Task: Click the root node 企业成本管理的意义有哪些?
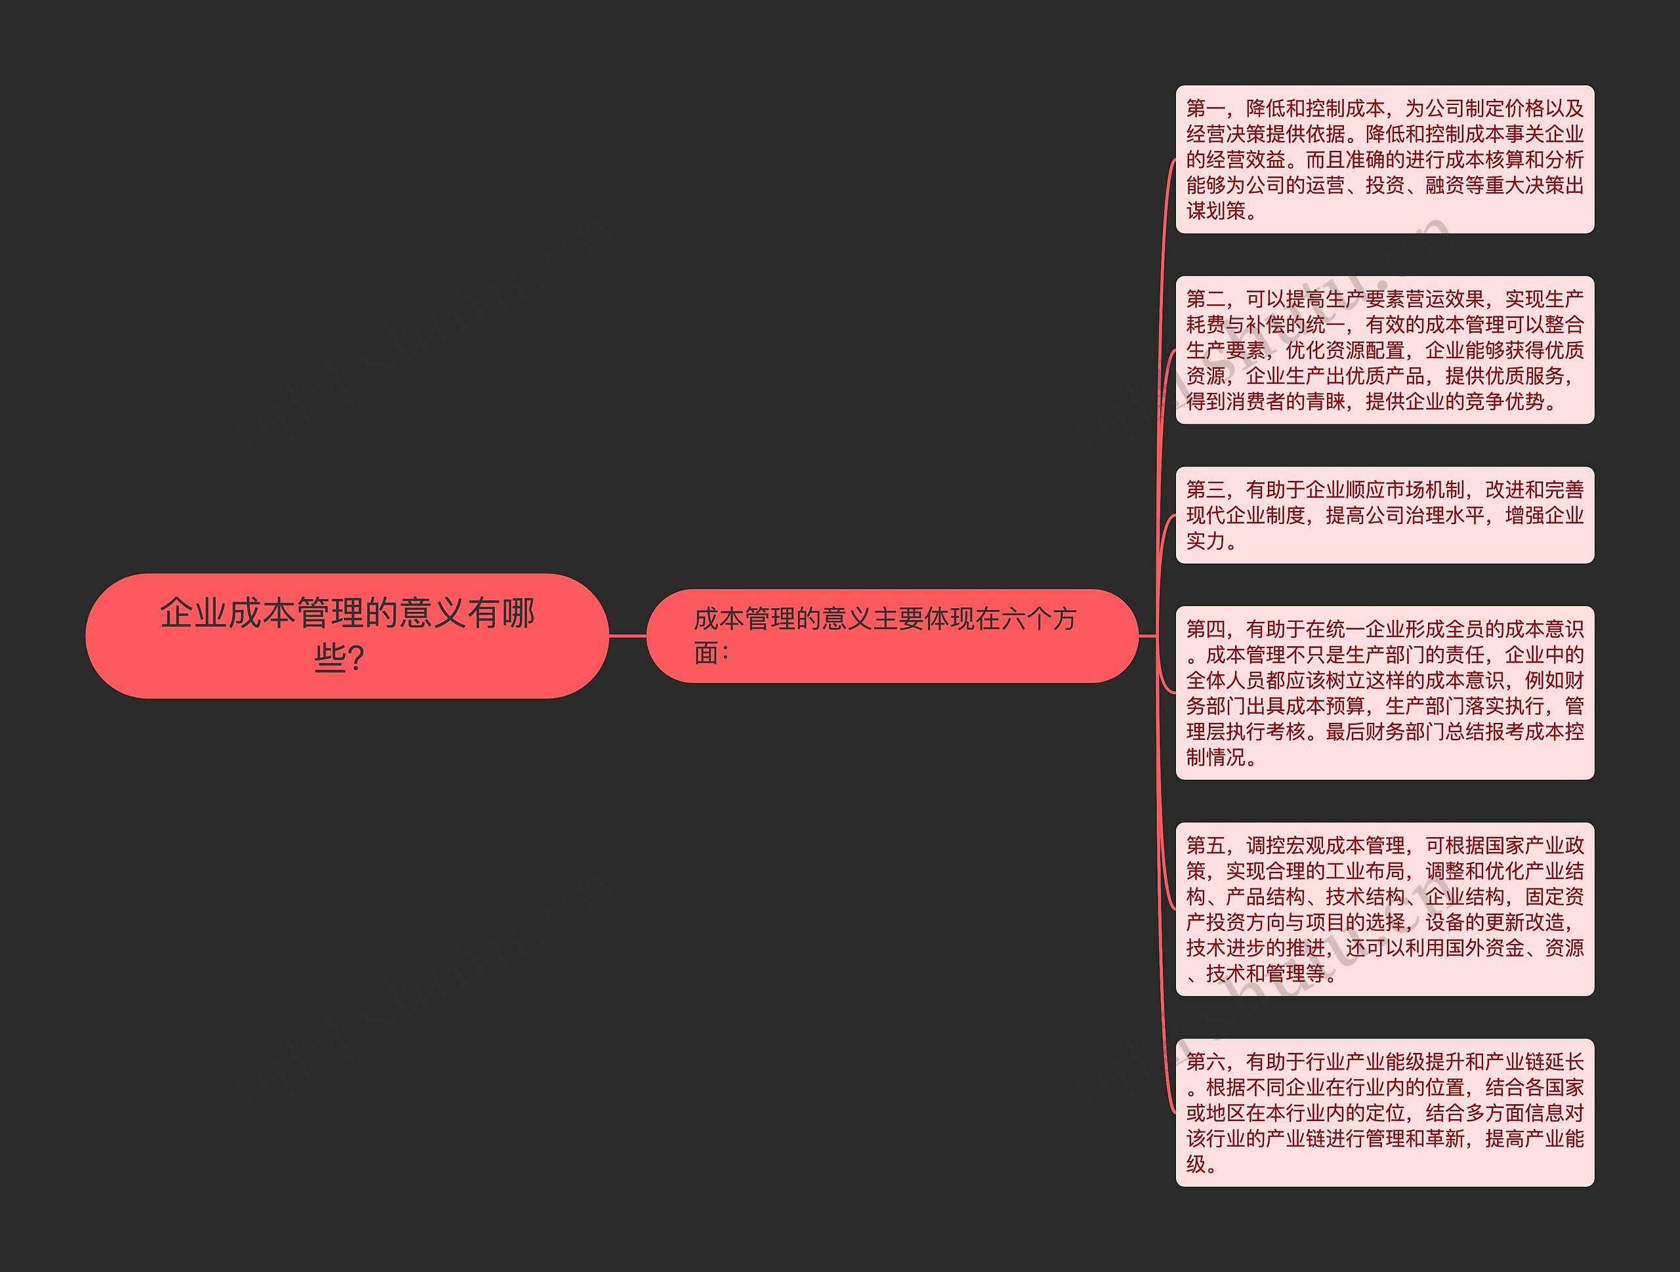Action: tap(346, 635)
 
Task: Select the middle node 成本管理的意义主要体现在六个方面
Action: tap(891, 636)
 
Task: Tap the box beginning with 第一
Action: tap(1384, 159)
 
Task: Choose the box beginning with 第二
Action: tap(1384, 350)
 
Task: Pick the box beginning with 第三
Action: tap(1384, 515)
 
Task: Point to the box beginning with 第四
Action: tap(1384, 693)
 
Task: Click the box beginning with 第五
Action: tap(1384, 909)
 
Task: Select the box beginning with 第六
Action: tap(1384, 1113)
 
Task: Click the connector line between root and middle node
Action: tap(627, 636)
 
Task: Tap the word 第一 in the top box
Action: tap(1206, 109)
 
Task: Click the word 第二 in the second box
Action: tap(1206, 299)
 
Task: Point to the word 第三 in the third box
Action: tap(1206, 490)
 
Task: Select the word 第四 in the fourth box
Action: tap(1206, 629)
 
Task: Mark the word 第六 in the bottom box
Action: tap(1206, 1061)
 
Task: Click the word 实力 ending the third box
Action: tap(1206, 541)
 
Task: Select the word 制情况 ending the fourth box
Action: tap(1216, 757)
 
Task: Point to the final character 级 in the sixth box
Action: tap(1196, 1164)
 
